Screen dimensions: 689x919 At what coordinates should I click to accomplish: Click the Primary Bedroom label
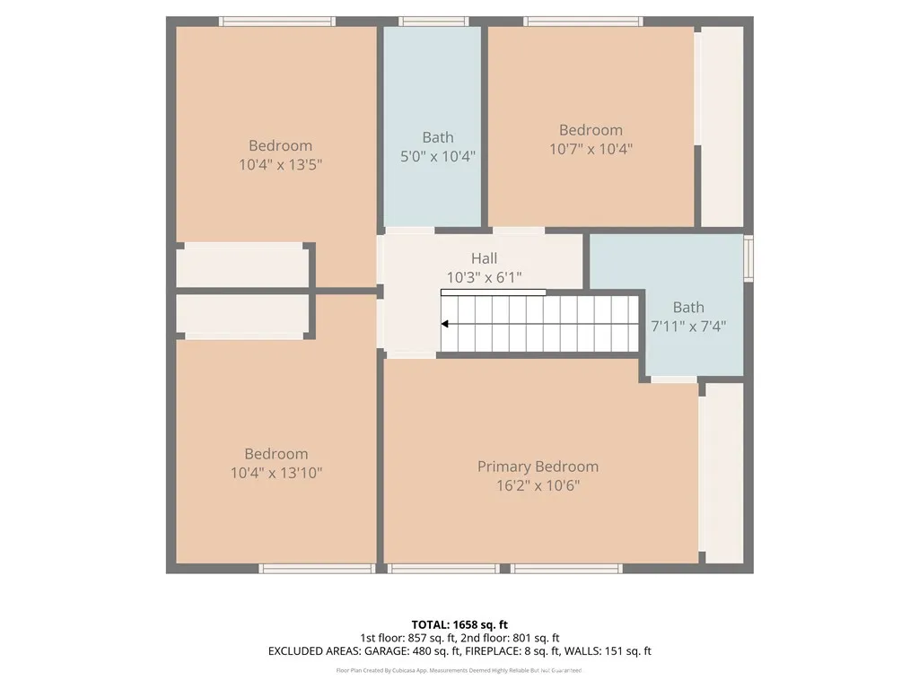point(538,467)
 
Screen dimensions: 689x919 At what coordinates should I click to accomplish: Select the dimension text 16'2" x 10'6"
point(538,485)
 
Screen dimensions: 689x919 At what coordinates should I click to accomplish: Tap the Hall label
point(484,258)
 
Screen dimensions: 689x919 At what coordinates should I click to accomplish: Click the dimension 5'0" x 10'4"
point(437,156)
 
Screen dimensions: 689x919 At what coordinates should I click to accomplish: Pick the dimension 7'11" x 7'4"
point(687,327)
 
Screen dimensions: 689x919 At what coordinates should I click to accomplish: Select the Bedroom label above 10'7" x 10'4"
point(591,130)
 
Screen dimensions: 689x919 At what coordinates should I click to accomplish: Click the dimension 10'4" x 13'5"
point(280,165)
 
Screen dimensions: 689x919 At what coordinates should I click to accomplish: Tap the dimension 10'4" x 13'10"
point(276,473)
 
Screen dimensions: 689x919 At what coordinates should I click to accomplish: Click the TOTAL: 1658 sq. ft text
point(459,624)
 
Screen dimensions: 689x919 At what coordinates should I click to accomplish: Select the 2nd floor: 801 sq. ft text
point(510,638)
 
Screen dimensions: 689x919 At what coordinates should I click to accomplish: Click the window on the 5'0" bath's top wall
point(433,22)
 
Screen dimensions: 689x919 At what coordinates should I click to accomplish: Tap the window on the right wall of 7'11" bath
point(748,257)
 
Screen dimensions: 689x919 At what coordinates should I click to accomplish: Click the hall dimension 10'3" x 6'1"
point(484,277)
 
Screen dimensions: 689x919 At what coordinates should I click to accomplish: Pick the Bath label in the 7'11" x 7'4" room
point(688,307)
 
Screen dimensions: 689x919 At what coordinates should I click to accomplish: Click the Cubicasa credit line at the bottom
point(459,670)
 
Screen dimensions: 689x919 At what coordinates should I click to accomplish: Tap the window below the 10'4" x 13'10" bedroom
point(317,568)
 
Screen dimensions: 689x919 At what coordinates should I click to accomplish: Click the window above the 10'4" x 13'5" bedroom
point(277,22)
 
